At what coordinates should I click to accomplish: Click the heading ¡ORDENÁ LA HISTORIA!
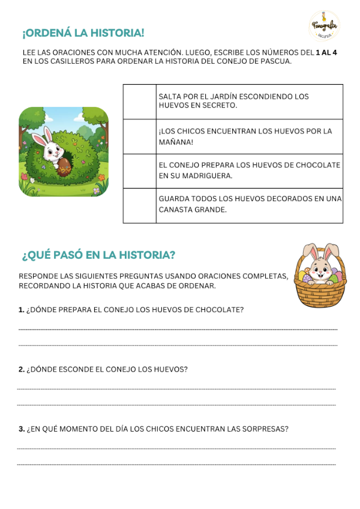pos(83,33)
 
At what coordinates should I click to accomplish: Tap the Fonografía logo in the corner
pos(323,26)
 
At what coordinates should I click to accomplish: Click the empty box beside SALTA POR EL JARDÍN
pos(139,101)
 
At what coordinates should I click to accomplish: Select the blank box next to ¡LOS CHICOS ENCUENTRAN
pos(139,136)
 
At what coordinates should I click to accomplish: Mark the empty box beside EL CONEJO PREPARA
pos(139,171)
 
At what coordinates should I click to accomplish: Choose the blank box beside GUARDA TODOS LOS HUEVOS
pos(139,205)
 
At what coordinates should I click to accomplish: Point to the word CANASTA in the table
pos(176,211)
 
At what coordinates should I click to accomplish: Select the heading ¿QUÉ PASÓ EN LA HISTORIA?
pos(98,255)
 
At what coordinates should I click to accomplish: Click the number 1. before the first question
pos(22,310)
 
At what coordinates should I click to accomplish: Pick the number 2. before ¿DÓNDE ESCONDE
pos(22,369)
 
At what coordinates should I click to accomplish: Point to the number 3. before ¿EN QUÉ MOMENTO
pos(22,429)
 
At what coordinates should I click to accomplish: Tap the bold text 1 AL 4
pos(326,53)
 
